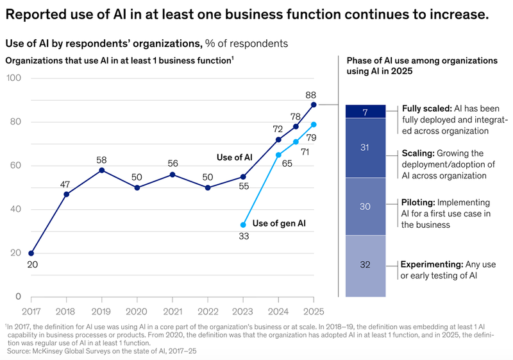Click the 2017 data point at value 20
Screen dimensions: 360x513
coord(31,253)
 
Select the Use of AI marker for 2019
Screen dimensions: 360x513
coord(102,170)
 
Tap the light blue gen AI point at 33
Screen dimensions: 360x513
coord(243,225)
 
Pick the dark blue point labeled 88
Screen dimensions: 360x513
coord(313,104)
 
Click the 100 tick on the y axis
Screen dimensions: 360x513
coord(14,78)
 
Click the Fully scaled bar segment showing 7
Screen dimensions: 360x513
coord(366,112)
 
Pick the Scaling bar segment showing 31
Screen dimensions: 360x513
coord(366,148)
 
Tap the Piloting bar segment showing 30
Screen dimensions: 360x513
coord(366,207)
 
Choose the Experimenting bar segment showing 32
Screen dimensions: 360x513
coord(366,266)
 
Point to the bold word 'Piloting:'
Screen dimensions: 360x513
coord(420,201)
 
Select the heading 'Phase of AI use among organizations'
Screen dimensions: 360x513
coord(422,60)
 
